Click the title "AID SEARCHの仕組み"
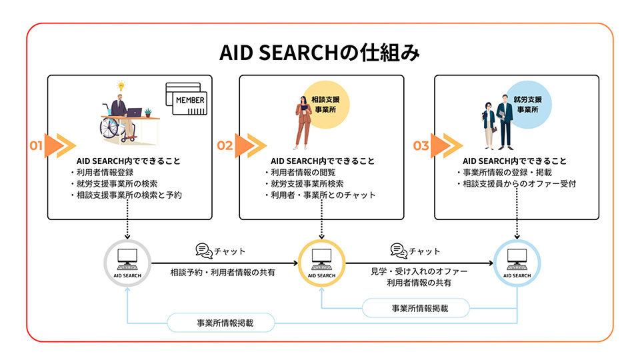pyautogui.click(x=319, y=53)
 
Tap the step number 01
pyautogui.click(x=36, y=145)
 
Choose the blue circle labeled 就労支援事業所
pyautogui.click(x=528, y=104)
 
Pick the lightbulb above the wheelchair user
pyautogui.click(x=121, y=86)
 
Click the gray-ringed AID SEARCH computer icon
pyautogui.click(x=127, y=261)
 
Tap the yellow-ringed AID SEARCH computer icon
pyautogui.click(x=321, y=261)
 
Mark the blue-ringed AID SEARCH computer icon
pyautogui.click(x=517, y=261)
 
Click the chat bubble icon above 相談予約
pyautogui.click(x=203, y=251)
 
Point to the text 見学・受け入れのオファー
pyautogui.click(x=418, y=272)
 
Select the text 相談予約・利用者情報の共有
pyautogui.click(x=222, y=272)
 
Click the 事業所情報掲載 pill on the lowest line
pyautogui.click(x=221, y=323)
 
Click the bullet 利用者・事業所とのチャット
pyautogui.click(x=319, y=195)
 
